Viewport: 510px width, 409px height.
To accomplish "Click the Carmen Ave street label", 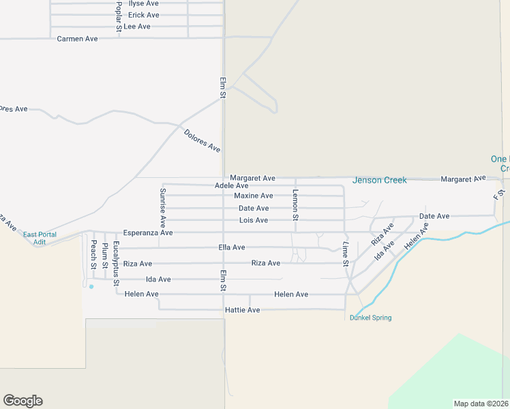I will tap(78, 39).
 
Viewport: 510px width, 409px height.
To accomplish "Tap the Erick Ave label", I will tap(143, 15).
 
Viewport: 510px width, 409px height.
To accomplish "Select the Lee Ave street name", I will tap(137, 27).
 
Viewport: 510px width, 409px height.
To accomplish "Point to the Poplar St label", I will tap(119, 13).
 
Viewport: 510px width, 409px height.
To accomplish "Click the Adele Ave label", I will tap(231, 185).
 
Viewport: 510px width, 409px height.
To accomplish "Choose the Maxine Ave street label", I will tap(254, 196).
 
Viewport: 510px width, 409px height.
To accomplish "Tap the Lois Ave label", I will tap(254, 220).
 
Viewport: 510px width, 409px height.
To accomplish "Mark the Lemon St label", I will tap(295, 204).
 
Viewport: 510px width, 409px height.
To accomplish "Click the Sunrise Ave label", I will tap(163, 207).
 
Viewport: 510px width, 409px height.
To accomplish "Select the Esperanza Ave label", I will tap(148, 233).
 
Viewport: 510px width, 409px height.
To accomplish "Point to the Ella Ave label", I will tap(231, 247).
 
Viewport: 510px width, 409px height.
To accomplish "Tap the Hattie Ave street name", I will tap(242, 310).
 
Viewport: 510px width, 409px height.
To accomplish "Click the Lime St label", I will tap(346, 254).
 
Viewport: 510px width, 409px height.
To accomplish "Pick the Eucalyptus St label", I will tap(116, 263).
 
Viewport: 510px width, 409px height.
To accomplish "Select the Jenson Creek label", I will tap(379, 180).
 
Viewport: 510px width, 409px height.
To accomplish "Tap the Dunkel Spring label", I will tap(370, 318).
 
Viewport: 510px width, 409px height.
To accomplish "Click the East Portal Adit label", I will tap(40, 238).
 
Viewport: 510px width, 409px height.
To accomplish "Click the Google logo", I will tap(22, 401).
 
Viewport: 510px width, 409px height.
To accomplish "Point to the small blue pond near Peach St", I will tap(91, 286).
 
